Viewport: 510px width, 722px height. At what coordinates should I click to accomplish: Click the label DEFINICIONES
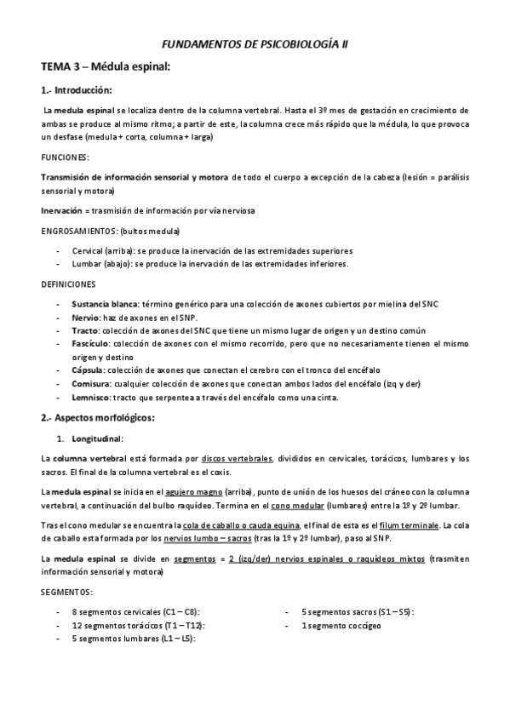tap(68, 284)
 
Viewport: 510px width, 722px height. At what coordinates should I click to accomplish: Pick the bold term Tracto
tap(85, 329)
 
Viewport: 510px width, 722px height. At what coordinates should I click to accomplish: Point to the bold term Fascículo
tap(93, 342)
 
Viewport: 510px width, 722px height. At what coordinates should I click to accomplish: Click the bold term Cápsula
tap(89, 370)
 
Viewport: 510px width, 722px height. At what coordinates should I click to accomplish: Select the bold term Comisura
tap(91, 383)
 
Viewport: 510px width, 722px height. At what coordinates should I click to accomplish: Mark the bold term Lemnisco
tap(92, 397)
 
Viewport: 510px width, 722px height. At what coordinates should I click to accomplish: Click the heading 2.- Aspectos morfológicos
tap(98, 418)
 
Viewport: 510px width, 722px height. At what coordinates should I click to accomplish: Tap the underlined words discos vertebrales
tap(238, 458)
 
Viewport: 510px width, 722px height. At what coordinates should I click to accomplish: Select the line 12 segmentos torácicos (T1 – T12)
tap(138, 625)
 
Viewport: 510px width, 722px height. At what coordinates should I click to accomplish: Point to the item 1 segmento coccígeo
tap(341, 625)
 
